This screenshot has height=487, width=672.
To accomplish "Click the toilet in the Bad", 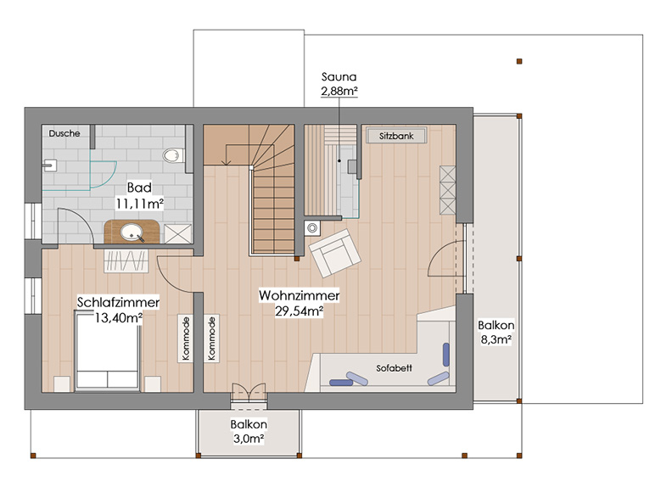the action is tap(173, 155).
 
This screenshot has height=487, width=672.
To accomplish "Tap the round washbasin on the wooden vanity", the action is tap(132, 232).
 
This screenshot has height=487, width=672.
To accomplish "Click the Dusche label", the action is tap(64, 133).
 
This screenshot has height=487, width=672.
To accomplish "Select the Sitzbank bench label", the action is tap(396, 136).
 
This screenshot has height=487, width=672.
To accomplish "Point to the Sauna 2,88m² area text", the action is tap(339, 84).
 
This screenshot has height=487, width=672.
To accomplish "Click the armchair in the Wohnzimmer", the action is tap(334, 253).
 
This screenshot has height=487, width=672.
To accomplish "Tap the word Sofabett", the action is tap(394, 368).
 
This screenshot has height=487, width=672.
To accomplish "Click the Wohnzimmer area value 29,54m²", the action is tap(300, 311).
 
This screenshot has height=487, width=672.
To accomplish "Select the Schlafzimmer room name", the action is tap(118, 302).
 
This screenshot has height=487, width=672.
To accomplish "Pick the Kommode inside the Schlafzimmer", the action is tap(186, 339).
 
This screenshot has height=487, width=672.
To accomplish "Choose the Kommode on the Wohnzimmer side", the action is tap(211, 339).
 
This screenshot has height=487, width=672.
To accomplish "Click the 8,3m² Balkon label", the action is tap(496, 333).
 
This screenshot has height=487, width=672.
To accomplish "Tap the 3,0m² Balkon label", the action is tap(249, 431).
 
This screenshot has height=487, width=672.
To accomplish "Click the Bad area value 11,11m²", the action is tap(140, 204).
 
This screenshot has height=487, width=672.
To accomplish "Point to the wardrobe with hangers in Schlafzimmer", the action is tap(126, 260).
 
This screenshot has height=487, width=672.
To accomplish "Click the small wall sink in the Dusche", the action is tap(50, 165).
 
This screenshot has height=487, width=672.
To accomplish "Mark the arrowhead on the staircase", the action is tap(226, 162).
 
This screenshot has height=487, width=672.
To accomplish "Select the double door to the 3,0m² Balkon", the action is tap(249, 392).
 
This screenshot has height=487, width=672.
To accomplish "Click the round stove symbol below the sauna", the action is tap(312, 228).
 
